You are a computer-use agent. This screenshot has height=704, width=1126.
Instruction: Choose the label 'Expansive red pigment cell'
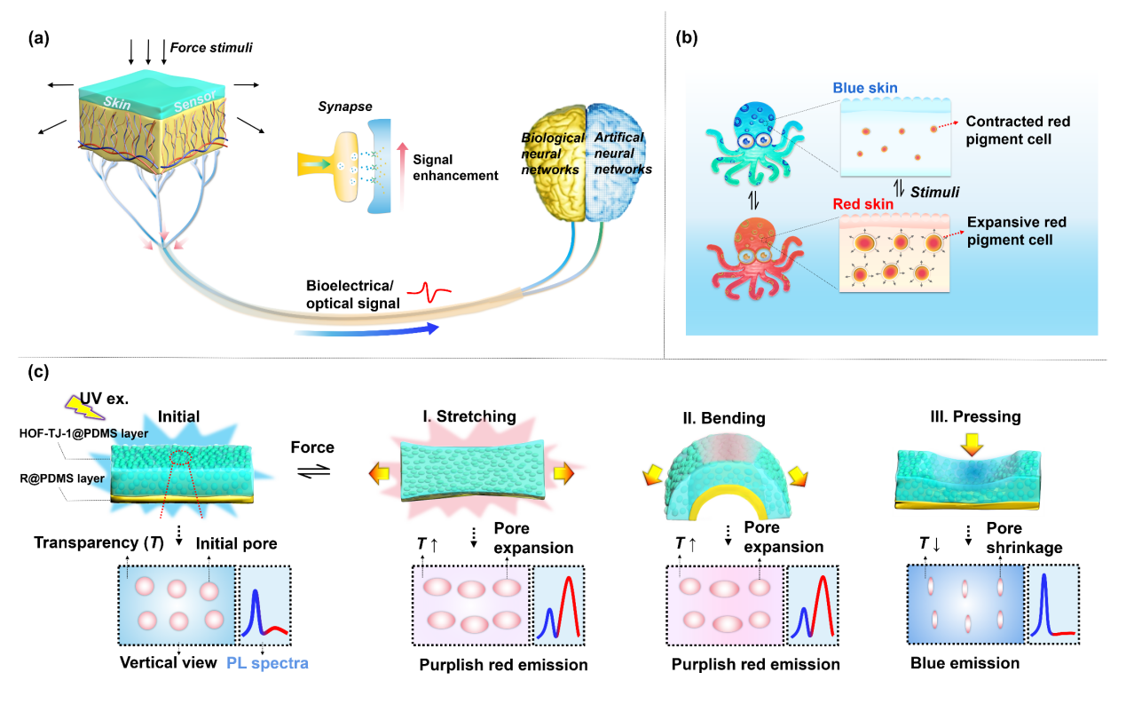(x=1015, y=231)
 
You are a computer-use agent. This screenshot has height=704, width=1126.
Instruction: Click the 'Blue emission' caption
(x=965, y=662)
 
